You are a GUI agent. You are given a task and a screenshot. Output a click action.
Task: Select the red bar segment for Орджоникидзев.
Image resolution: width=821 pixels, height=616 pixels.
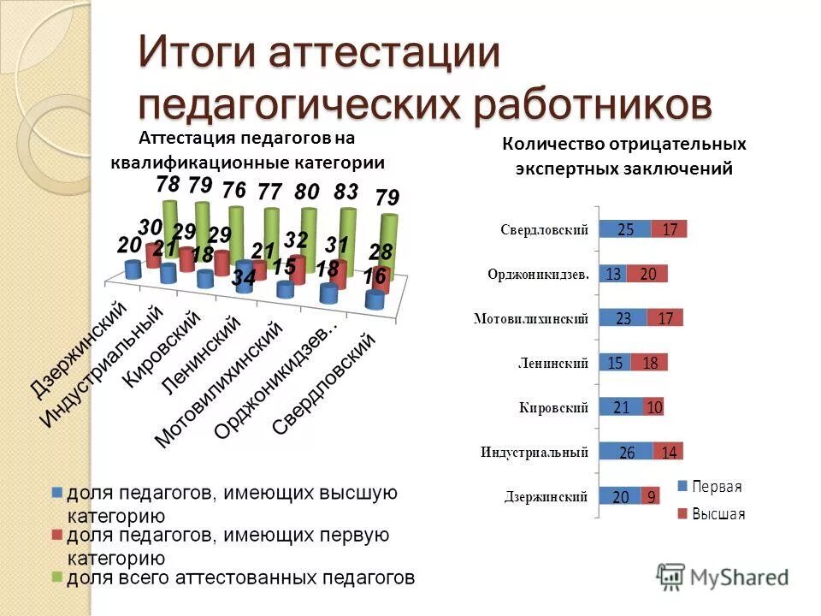click(647, 274)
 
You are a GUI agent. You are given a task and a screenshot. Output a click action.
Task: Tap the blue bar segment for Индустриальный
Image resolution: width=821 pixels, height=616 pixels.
click(626, 451)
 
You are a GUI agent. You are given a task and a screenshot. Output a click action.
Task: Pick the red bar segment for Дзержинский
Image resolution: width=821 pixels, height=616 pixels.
click(651, 495)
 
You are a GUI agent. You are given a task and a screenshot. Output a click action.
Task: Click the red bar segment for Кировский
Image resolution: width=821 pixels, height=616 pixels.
click(654, 407)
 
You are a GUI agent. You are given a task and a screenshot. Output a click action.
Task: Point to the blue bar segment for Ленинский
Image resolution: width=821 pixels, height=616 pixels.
click(615, 363)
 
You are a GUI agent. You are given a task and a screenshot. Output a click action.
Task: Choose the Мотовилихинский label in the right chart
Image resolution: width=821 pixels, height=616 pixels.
click(531, 319)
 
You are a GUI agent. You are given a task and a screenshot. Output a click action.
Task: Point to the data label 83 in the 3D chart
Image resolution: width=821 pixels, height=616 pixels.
click(346, 192)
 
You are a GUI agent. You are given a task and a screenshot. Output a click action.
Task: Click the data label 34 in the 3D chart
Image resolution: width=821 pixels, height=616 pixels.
click(244, 277)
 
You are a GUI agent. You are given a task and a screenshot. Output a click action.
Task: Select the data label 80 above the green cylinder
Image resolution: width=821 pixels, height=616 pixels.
click(307, 192)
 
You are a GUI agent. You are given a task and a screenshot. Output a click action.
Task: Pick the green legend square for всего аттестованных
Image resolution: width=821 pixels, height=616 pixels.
click(57, 577)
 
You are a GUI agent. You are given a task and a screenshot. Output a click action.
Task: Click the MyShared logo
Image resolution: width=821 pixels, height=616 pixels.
click(723, 575)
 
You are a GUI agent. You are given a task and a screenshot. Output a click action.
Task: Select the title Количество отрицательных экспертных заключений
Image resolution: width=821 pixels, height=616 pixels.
click(623, 156)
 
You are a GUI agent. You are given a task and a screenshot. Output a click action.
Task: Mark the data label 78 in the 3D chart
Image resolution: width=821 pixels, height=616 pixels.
click(168, 184)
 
